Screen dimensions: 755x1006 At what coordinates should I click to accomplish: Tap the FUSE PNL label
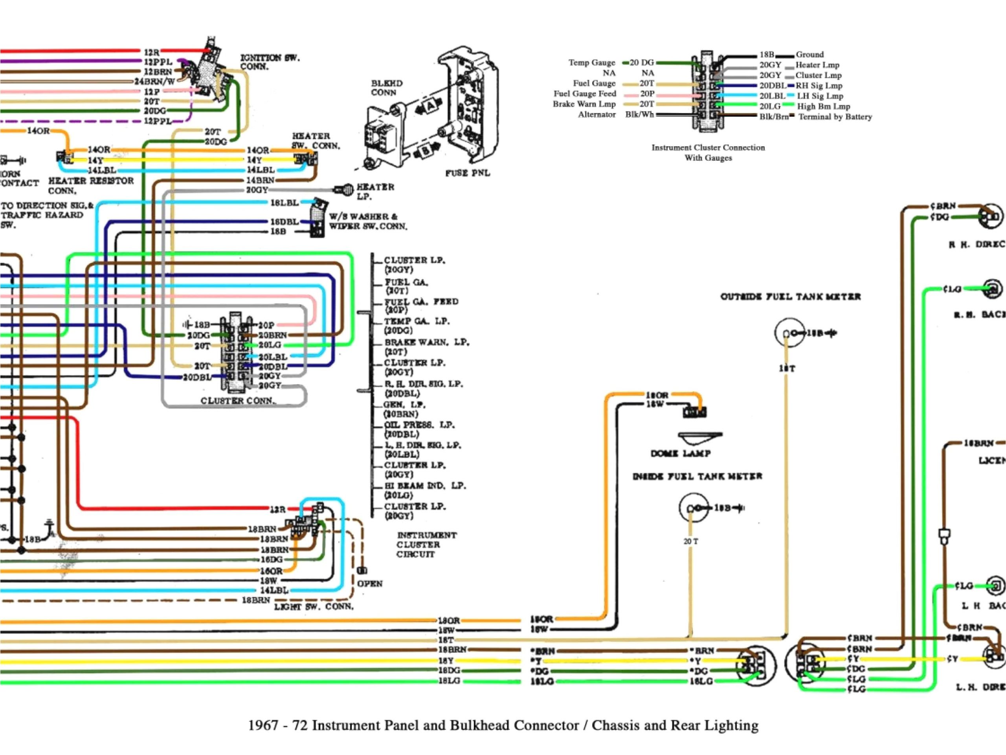tap(467, 173)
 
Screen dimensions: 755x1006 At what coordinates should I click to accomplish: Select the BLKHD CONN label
tap(386, 88)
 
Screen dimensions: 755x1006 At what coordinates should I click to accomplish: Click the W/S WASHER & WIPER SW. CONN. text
tap(367, 221)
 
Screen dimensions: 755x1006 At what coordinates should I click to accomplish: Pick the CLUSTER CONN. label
tap(238, 401)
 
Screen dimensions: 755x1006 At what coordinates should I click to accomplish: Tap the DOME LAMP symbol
tap(699, 438)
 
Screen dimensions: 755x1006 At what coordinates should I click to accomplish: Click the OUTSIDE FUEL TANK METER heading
tap(790, 297)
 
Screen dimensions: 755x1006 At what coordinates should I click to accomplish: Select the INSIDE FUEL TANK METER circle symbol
tap(693, 508)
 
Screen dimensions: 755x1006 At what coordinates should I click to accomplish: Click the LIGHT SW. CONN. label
tap(313, 607)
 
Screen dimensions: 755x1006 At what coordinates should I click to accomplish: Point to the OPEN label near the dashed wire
tap(370, 584)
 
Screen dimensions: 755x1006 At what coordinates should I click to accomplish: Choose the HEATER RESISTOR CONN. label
tap(90, 185)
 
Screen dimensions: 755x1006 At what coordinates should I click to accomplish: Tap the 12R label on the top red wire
tap(151, 52)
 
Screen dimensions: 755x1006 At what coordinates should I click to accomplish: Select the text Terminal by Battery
tap(835, 116)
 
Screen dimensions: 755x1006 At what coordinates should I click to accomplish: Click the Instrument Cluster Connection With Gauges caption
tap(708, 153)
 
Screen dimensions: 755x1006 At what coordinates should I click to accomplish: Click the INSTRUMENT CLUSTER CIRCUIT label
tap(426, 545)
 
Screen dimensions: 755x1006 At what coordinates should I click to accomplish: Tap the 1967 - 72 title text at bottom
tap(503, 725)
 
